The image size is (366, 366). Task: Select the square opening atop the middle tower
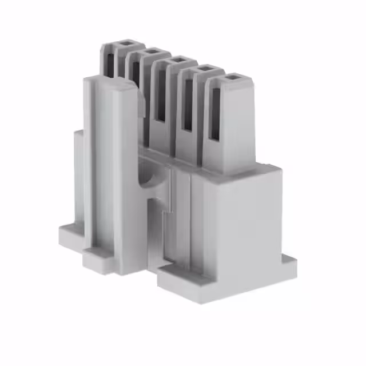pos(177,59)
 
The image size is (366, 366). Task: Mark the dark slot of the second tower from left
pos(136,74)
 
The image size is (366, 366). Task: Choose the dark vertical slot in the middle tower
pos(161,94)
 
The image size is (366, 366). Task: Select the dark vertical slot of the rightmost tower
pos(216,114)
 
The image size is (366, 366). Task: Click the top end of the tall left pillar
pos(109,83)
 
